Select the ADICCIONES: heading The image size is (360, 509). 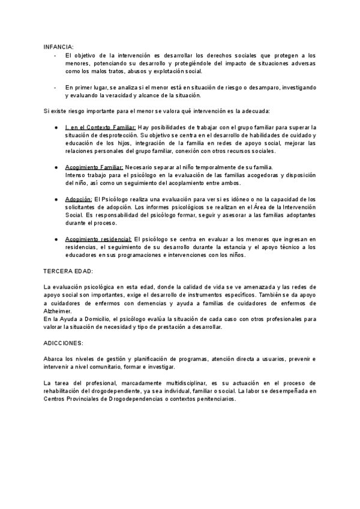coord(64,343)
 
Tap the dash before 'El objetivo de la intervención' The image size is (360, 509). coord(55,55)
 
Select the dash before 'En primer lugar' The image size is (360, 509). coord(55,88)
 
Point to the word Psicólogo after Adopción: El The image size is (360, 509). coord(116,199)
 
